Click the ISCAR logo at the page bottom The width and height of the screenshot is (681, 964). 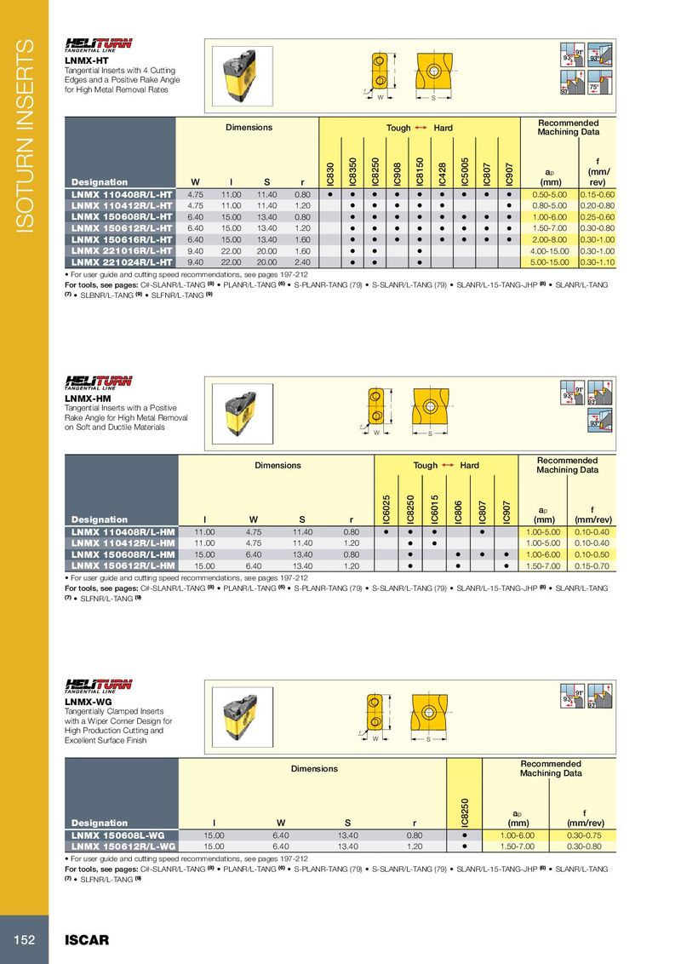[87, 940]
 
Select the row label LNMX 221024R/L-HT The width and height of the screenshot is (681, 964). [122, 262]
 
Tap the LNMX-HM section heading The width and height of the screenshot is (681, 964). [84, 398]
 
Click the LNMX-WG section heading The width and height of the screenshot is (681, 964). [84, 700]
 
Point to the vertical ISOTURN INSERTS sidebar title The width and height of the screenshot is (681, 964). [25, 136]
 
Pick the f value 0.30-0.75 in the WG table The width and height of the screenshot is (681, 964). [583, 835]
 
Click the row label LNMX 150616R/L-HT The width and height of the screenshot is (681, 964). [122, 240]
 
